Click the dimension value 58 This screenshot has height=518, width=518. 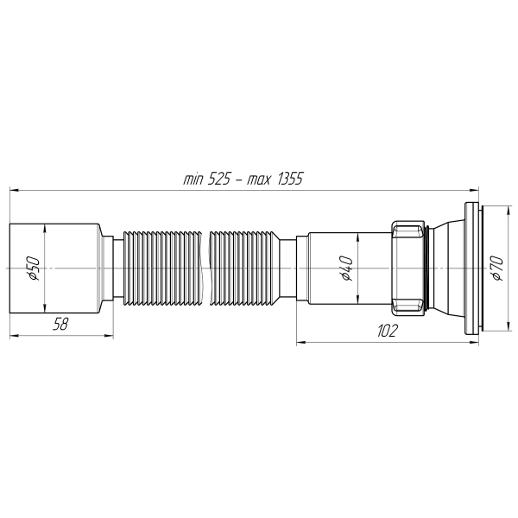click(60, 324)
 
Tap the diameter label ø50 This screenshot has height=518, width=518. click(34, 268)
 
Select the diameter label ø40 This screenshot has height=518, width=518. click(347, 268)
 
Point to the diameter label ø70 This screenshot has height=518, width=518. click(497, 268)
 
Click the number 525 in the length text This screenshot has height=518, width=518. click(218, 180)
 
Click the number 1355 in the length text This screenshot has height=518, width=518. click(290, 180)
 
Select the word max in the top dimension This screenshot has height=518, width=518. click(259, 180)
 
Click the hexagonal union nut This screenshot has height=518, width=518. click(408, 268)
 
